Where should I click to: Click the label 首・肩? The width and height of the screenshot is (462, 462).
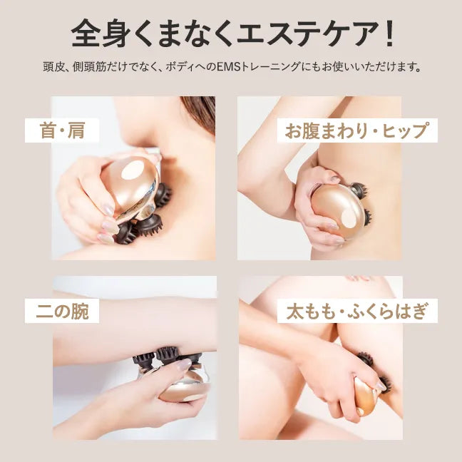[x=62, y=130]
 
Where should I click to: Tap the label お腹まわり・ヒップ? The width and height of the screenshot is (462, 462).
[x=356, y=130]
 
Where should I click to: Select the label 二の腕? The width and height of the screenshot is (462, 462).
[x=62, y=311]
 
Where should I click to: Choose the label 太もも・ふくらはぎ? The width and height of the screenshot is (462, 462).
[x=357, y=311]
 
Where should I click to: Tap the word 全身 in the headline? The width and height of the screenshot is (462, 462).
[x=106, y=34]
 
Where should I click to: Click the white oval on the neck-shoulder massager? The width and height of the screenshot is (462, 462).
[x=133, y=170]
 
